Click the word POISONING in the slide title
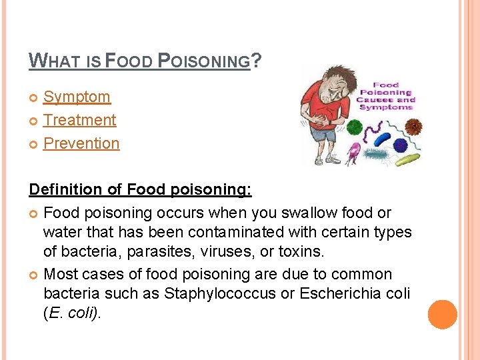203,62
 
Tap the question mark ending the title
257,61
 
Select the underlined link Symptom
77,97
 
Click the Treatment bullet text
79,120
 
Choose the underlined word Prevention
81,143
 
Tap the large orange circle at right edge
443,315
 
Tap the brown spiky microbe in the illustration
415,125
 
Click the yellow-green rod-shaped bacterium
406,159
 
